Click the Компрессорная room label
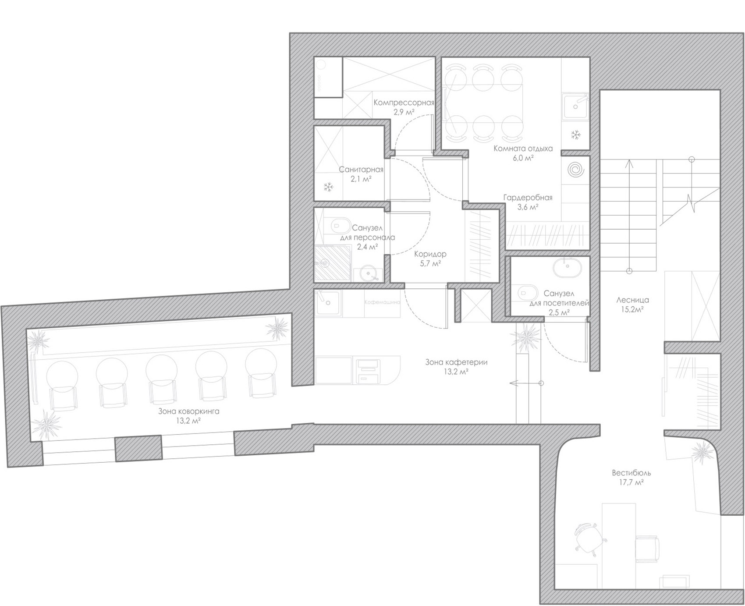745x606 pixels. point(404,103)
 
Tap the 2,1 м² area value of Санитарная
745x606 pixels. point(361,179)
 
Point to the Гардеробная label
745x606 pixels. point(528,198)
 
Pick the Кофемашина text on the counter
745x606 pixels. point(382,302)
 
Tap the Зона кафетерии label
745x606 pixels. point(456,362)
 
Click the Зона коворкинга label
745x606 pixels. point(188,411)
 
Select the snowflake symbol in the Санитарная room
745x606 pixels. point(328,188)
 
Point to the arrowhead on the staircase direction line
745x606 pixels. point(629,162)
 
